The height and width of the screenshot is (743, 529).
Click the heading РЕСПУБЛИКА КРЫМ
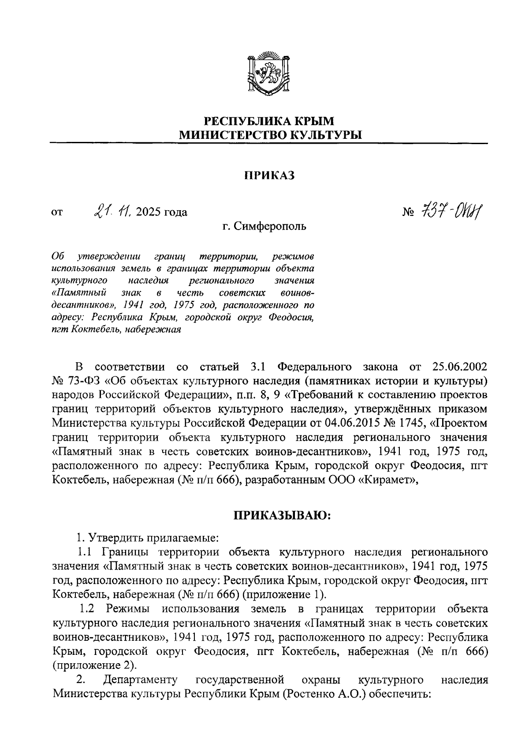point(269,120)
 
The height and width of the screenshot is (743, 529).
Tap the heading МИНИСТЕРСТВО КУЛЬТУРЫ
point(269,135)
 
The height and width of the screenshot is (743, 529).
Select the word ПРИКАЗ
point(269,176)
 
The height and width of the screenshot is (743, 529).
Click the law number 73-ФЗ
point(82,381)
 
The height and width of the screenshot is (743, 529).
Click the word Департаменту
point(140,680)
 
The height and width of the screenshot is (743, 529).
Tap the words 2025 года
point(162,212)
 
